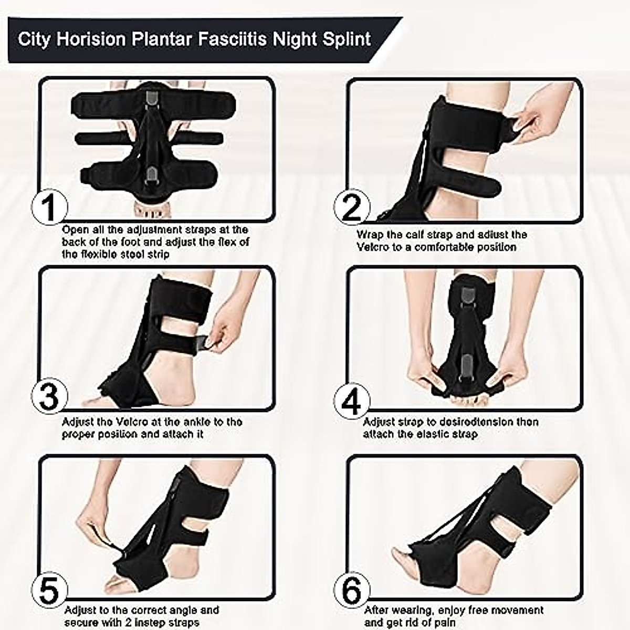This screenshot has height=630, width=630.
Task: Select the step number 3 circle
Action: (50, 397)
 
